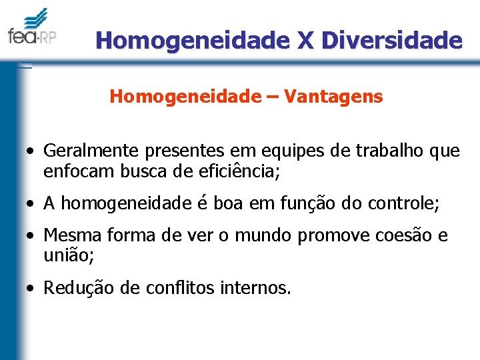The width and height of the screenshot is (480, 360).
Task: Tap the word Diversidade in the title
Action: [392, 41]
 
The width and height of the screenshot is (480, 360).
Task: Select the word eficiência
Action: [235, 172]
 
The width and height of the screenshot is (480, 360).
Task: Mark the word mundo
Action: [262, 236]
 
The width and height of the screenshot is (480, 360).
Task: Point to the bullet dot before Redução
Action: [31, 289]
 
